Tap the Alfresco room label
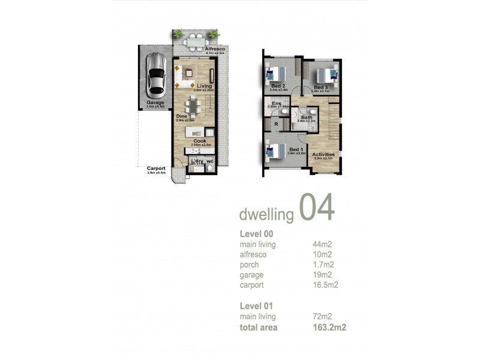(x=215, y=49)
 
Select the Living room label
(x=204, y=86)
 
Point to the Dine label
(x=182, y=116)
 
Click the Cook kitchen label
(x=199, y=141)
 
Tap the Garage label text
(x=155, y=103)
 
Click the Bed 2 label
(x=278, y=86)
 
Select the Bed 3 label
(x=320, y=88)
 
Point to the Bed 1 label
(x=296, y=149)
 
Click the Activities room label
(x=323, y=154)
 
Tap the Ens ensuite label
(x=277, y=104)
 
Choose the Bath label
(x=306, y=117)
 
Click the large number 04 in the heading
(x=316, y=208)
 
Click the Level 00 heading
(x=256, y=233)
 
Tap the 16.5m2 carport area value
(x=325, y=285)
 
